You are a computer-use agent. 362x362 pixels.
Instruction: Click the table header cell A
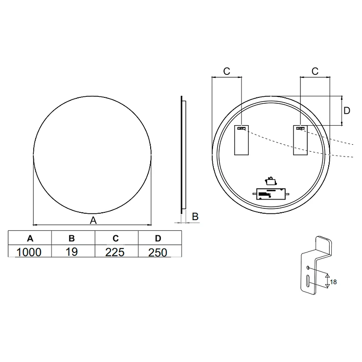click(x=30, y=238)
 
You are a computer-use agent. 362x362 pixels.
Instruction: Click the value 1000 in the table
click(x=29, y=252)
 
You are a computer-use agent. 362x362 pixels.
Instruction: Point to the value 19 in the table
click(x=71, y=251)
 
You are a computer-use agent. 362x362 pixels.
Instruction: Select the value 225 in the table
click(x=115, y=252)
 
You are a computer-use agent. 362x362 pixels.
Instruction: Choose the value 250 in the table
click(x=158, y=252)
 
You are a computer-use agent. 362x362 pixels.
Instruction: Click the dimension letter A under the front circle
click(x=93, y=220)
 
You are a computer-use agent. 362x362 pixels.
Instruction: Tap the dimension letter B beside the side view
click(x=195, y=217)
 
